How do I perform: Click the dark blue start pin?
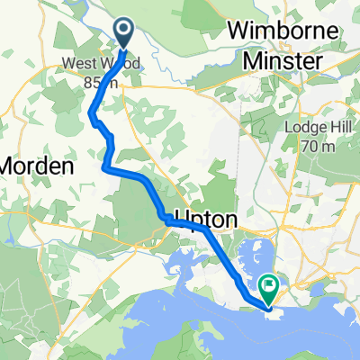(x=124, y=34)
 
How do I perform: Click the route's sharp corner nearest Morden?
(x=106, y=167)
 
